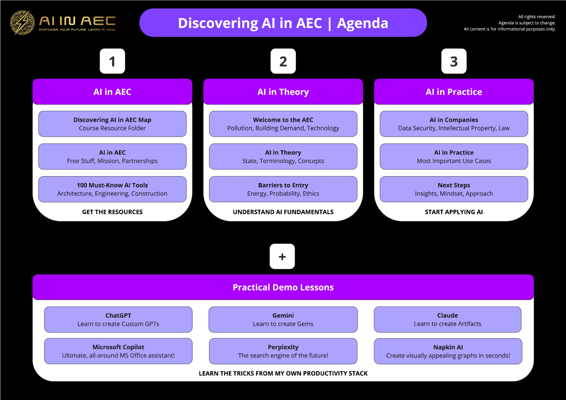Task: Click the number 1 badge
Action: tap(112, 61)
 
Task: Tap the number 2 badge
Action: tap(283, 61)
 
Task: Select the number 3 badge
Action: tap(454, 61)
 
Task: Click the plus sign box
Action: tap(282, 256)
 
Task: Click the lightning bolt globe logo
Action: tap(22, 22)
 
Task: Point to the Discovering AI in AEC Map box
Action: tap(112, 124)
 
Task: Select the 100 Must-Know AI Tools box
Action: tap(112, 189)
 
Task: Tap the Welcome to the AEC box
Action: tap(283, 124)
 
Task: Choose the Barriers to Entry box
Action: tap(283, 189)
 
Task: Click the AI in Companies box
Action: tap(454, 124)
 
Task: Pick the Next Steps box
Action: tap(454, 189)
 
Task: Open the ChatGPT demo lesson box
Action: tap(118, 319)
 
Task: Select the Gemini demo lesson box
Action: tap(283, 319)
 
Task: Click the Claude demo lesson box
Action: tap(447, 319)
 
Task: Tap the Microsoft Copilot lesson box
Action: tap(118, 351)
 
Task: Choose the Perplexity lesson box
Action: tap(283, 351)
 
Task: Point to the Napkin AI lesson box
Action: tap(448, 351)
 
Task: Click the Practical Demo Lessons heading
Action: tap(283, 287)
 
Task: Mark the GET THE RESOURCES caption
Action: tap(112, 212)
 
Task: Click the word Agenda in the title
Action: tap(362, 23)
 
